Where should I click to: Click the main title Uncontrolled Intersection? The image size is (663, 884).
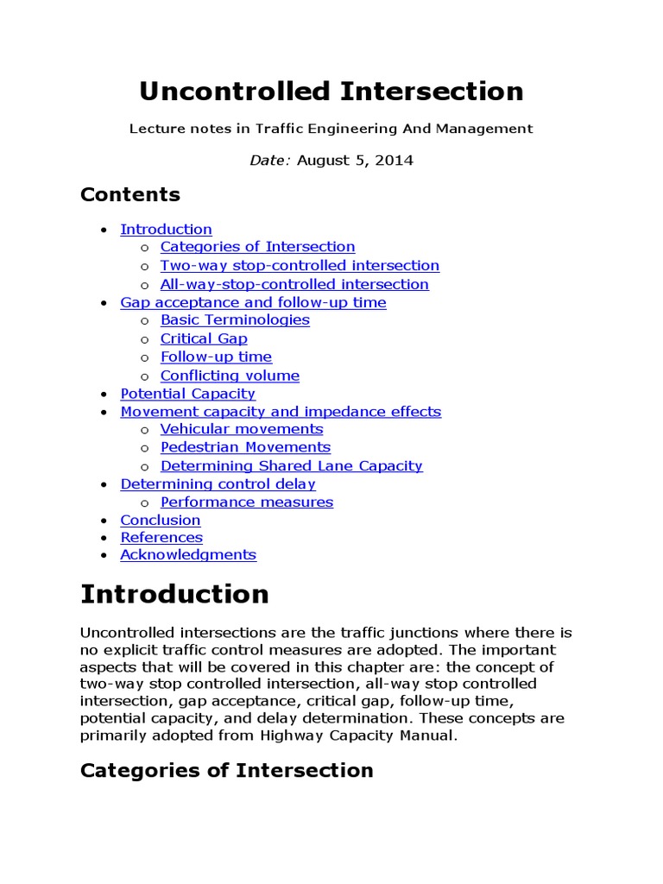(331, 92)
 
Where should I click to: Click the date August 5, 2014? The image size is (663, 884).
(355, 161)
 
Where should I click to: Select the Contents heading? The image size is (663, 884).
(129, 194)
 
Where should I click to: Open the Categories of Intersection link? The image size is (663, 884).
(257, 247)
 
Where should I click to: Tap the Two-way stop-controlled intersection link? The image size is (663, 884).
(300, 266)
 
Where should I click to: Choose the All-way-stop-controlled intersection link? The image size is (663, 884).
(294, 284)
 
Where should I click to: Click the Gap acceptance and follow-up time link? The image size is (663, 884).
(253, 302)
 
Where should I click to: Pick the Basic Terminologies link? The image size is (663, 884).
(235, 320)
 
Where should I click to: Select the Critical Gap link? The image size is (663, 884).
(204, 338)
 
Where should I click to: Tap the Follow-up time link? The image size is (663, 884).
(216, 357)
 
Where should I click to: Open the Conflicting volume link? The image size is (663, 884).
(230, 376)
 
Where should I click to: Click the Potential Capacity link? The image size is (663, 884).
(187, 394)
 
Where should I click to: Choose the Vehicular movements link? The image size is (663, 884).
(242, 429)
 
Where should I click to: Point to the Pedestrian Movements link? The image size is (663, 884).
(245, 447)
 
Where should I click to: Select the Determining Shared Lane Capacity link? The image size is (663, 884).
(291, 466)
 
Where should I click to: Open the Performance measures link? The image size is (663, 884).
(246, 502)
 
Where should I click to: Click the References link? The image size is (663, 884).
(161, 537)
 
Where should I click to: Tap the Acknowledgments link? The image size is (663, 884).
(188, 555)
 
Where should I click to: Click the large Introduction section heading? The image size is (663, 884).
(174, 594)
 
